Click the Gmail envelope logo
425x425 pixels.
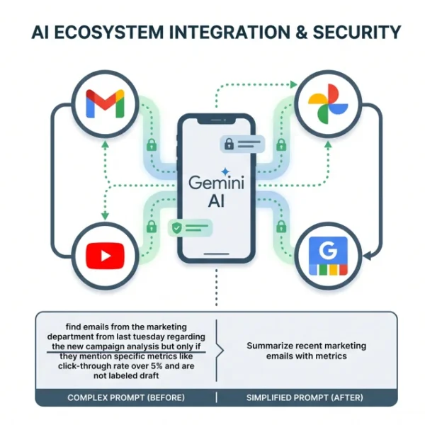coord(105,103)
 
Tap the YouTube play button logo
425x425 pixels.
coord(105,256)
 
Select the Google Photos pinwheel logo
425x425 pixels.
coord(328,104)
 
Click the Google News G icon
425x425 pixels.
coord(328,256)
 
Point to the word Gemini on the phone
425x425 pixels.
coord(216,183)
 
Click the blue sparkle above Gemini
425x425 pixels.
coord(225,171)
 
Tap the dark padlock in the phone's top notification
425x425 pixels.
coord(229,144)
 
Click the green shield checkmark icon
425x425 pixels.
coord(176,227)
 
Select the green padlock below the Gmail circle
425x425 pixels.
coord(152,145)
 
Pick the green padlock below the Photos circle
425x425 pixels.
coord(281,145)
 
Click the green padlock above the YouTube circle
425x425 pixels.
coord(152,227)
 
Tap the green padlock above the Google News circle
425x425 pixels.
coord(281,227)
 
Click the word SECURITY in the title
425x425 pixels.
coord(357,32)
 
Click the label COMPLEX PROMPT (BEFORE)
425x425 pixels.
coord(126,397)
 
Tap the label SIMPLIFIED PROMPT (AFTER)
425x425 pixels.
coord(305,397)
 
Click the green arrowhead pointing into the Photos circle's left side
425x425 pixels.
coord(293,84)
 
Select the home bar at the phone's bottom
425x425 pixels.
coord(216,254)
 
